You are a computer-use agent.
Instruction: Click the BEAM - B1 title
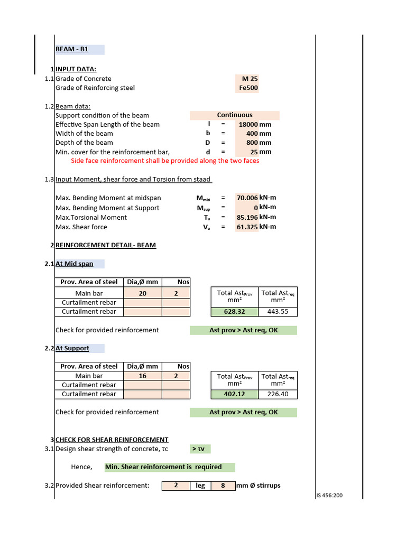(72, 50)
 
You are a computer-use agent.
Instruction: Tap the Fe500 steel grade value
(248, 88)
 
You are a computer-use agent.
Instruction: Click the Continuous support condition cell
(235, 115)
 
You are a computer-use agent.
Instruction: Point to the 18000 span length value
(248, 125)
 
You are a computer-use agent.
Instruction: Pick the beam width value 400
(252, 134)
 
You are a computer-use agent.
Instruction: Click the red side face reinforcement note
(165, 161)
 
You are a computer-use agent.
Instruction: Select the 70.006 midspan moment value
(247, 198)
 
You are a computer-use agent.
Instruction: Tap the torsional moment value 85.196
(247, 217)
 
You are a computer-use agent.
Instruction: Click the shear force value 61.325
(247, 227)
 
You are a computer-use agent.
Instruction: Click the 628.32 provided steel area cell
(234, 312)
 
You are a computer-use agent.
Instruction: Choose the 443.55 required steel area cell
(278, 312)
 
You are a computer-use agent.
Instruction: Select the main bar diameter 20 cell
(143, 293)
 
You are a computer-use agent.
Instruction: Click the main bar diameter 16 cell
(143, 376)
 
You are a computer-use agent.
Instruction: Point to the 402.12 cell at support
(234, 394)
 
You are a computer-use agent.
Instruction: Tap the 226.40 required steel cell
(278, 394)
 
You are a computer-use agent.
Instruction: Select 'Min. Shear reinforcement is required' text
(163, 467)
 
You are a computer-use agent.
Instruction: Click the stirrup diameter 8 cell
(223, 486)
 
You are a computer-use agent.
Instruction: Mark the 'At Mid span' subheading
(75, 264)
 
